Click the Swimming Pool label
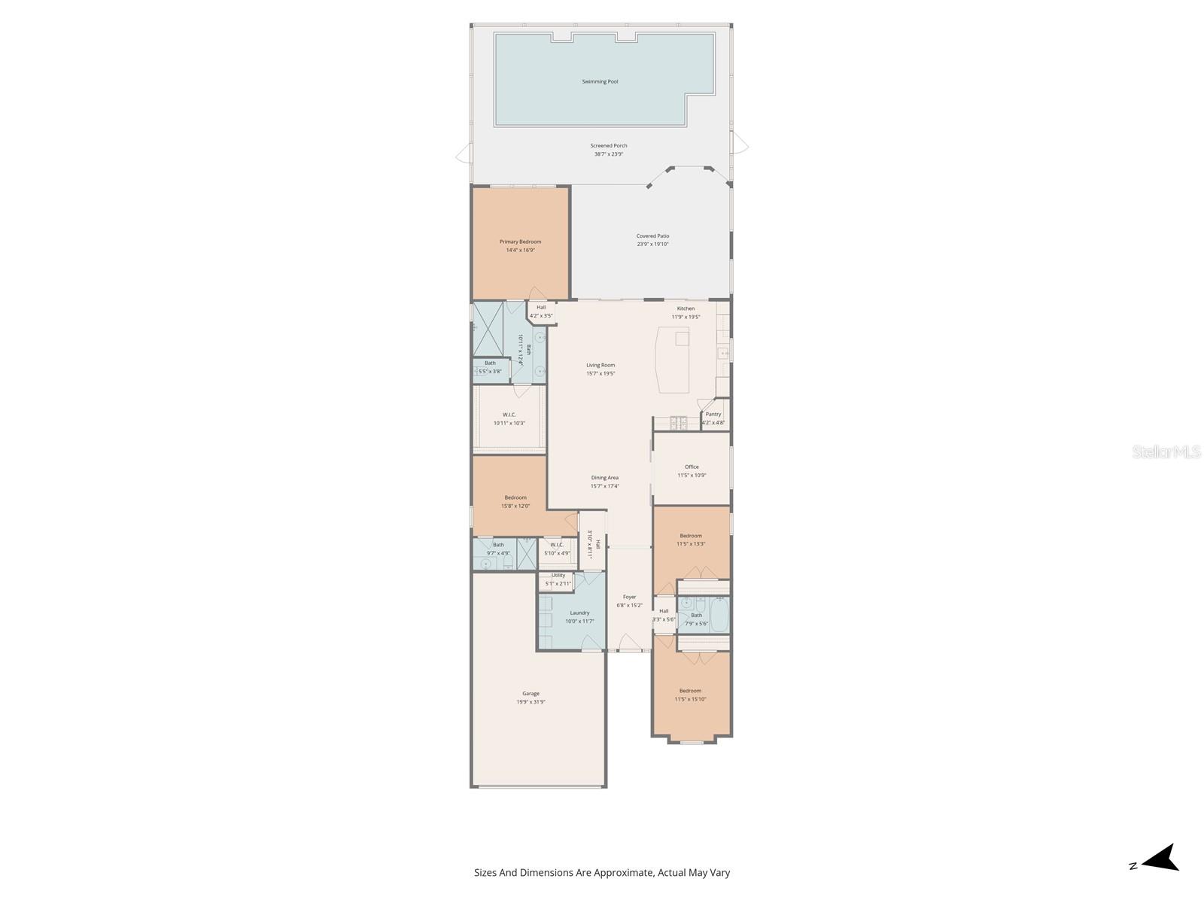click(x=600, y=81)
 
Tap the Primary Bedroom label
click(x=520, y=242)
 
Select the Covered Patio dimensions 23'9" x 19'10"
click(x=652, y=245)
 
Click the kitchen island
click(x=674, y=359)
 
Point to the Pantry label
click(x=713, y=414)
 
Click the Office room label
click(x=692, y=467)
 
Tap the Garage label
click(x=531, y=694)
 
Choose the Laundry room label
click(x=579, y=613)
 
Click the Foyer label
click(x=629, y=597)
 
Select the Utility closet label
click(x=558, y=576)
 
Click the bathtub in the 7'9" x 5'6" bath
click(x=719, y=615)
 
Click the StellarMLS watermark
click(x=1166, y=451)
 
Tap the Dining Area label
click(x=604, y=478)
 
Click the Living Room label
click(x=600, y=365)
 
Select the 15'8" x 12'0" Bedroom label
click(x=515, y=497)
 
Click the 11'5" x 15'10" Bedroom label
click(x=690, y=691)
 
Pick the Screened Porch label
click(x=608, y=146)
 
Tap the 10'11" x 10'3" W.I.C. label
click(x=509, y=415)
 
